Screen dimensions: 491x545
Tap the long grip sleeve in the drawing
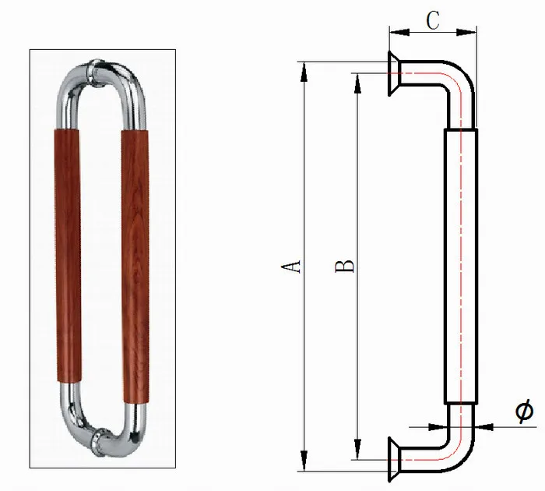point(461,265)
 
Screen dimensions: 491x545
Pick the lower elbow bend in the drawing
point(458,440)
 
